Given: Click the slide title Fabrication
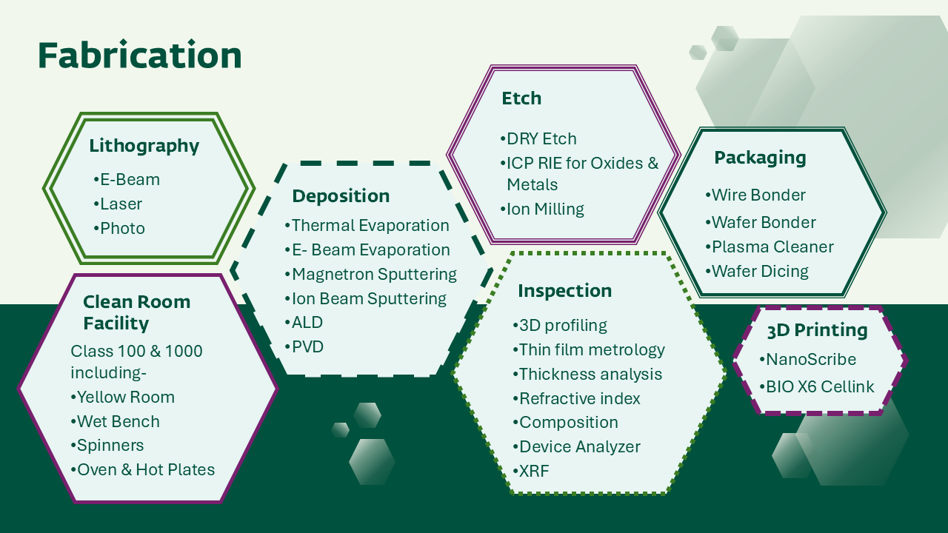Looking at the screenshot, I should tap(140, 56).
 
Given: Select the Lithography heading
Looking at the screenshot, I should tap(144, 146).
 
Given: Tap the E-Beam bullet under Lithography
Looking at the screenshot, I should tap(127, 180).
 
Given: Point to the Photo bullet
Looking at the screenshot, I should tap(120, 228).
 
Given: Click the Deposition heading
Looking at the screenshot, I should tap(341, 196).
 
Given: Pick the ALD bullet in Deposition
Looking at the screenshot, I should tap(304, 323).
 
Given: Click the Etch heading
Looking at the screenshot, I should tap(521, 98).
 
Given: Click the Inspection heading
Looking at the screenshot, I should tap(565, 291).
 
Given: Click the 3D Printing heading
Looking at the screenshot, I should tap(817, 330).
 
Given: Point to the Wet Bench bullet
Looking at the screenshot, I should tap(116, 422).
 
